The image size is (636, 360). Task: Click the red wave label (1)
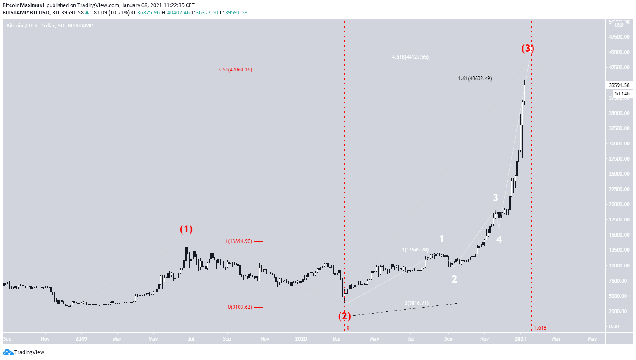[x=186, y=229]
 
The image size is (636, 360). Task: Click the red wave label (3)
[x=527, y=48]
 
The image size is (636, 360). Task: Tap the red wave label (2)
[x=345, y=316]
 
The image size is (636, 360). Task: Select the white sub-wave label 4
[x=499, y=240]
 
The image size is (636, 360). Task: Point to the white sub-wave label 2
[x=454, y=279]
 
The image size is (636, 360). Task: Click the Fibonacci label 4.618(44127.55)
[x=410, y=57]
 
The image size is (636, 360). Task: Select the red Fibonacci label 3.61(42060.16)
[x=235, y=70]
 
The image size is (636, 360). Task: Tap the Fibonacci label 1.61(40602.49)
[x=475, y=79]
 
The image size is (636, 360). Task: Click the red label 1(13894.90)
[x=239, y=241]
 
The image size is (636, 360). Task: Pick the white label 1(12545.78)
[x=415, y=250]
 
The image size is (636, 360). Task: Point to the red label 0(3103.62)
[x=240, y=307]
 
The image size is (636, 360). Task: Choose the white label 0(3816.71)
[x=416, y=303]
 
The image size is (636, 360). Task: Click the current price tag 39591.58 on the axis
[x=619, y=85]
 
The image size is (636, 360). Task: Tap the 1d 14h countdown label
[x=622, y=94]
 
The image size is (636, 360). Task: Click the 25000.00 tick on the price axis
[x=619, y=174]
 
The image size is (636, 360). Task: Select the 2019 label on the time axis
[x=81, y=339]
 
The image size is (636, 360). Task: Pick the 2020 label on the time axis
[x=301, y=339]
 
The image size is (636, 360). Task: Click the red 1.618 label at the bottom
[x=540, y=328]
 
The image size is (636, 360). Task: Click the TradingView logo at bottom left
[x=24, y=352]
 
